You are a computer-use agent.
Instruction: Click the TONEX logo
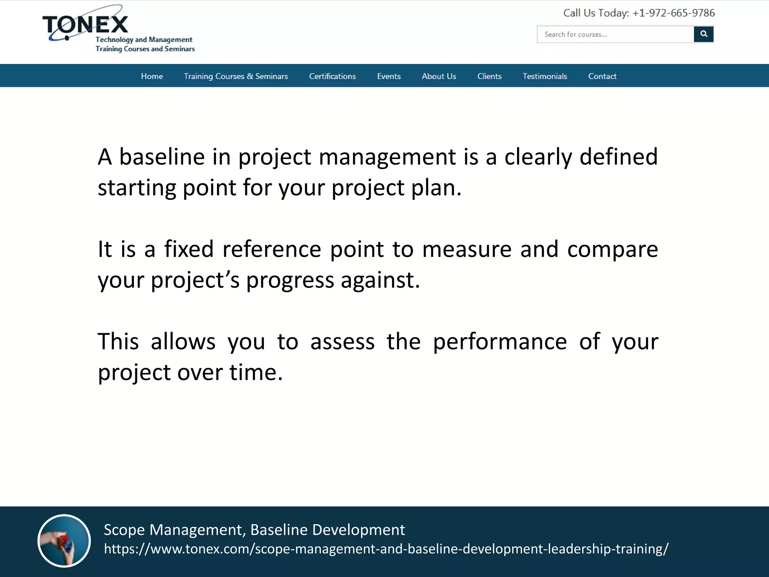tap(86, 25)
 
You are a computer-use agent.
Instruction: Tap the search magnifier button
tap(703, 34)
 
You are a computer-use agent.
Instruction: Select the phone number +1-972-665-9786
tap(674, 13)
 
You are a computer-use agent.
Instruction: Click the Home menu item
tap(152, 76)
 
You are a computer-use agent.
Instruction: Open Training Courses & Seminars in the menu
tap(236, 76)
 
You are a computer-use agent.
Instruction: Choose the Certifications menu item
tap(332, 76)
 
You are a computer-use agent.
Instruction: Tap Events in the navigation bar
tap(389, 76)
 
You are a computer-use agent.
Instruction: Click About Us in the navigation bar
tap(439, 76)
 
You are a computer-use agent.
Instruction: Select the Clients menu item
tap(489, 76)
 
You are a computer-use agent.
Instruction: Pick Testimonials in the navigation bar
tap(544, 76)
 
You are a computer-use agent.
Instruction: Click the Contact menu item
tap(602, 76)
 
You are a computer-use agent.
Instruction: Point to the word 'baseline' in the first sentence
tap(162, 157)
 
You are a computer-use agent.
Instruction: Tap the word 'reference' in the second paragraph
tap(271, 249)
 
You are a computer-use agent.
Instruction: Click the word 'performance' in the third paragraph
tap(499, 342)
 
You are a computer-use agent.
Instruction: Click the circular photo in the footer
tap(64, 541)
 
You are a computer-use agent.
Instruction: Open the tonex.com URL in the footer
tap(386, 549)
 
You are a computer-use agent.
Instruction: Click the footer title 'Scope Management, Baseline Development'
tap(254, 530)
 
